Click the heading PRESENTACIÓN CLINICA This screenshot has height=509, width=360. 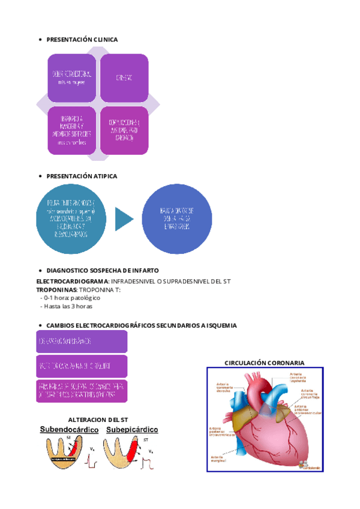82,40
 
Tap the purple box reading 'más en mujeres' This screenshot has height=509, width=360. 72,78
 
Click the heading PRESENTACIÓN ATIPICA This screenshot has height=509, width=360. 82,176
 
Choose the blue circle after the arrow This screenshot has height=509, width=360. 177,219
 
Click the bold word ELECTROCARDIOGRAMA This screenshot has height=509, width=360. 73,282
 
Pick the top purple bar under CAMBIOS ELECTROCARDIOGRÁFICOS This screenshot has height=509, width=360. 82,341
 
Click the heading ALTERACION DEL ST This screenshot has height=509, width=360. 99,419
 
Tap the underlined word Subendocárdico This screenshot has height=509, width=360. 69,430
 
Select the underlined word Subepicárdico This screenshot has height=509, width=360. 132,430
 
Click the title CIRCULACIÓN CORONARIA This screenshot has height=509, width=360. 265,363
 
